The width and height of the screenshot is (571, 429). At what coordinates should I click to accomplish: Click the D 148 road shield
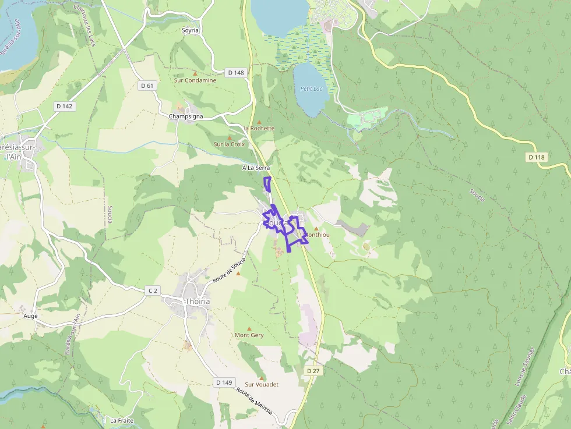coord(236,73)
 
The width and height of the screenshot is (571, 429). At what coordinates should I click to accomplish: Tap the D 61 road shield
coord(147,86)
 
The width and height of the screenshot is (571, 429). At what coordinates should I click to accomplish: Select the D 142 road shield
coord(65,106)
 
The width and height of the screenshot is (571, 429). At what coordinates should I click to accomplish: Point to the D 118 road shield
coord(537,157)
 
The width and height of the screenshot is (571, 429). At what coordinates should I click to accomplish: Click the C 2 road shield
coord(153,290)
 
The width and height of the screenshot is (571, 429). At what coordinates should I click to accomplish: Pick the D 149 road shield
coord(224,382)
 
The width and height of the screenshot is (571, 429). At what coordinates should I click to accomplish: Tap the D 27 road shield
coord(313,371)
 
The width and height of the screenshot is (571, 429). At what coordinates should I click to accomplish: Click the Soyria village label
coord(190,30)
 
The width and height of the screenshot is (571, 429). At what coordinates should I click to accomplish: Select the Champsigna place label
coord(186,116)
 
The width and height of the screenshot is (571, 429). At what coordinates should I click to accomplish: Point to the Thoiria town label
coord(196,302)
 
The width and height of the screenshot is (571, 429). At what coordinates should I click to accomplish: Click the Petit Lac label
coord(311,89)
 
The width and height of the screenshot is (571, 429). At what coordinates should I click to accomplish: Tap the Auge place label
coord(30,316)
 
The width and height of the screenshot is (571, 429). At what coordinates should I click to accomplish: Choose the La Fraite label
coord(122,420)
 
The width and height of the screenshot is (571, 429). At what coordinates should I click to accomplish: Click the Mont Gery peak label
coord(249,335)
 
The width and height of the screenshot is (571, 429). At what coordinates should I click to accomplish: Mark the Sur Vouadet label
coord(262,385)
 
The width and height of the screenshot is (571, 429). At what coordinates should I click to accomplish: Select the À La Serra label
coord(256,168)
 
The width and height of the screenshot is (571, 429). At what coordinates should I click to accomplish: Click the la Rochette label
coord(259,128)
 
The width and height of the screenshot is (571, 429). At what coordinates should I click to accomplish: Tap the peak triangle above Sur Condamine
coord(195,73)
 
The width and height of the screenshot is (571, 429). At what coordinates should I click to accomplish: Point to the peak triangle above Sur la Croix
coord(229,137)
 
